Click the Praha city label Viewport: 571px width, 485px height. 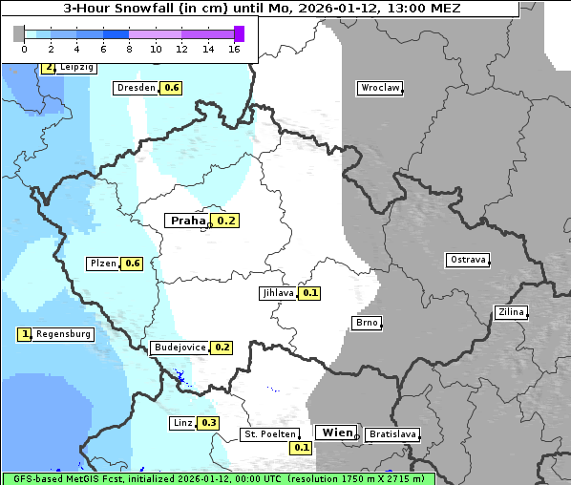click(187, 221)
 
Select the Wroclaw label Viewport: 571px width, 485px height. click(379, 88)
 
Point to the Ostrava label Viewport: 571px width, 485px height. click(468, 260)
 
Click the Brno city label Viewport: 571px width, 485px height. click(367, 323)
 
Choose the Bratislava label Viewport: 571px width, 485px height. click(391, 434)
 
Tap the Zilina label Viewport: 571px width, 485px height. click(511, 312)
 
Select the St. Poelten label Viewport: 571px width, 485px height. click(270, 434)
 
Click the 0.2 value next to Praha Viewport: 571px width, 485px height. click(226, 221)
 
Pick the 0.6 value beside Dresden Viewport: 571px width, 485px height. click(172, 88)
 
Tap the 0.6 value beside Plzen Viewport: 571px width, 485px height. click(133, 264)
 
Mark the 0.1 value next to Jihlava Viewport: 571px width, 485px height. click(310, 293)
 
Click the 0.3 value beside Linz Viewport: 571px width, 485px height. click(209, 423)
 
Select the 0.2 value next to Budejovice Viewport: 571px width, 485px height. click(222, 348)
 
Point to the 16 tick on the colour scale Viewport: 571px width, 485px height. click(234, 49)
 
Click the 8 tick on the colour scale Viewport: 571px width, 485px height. click(128, 49)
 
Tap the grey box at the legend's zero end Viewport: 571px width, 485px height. click(19, 33)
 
